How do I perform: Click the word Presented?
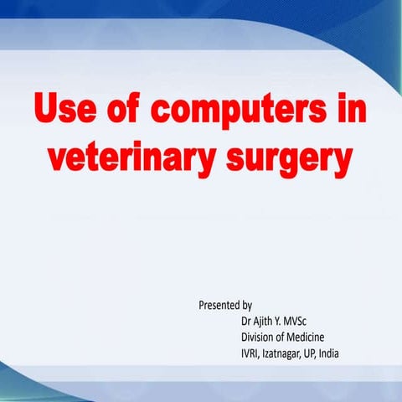(x=219, y=305)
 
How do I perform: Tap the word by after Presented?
(x=247, y=305)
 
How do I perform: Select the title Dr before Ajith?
(x=246, y=321)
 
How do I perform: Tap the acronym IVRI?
(x=250, y=353)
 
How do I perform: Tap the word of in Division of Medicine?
(x=285, y=337)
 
